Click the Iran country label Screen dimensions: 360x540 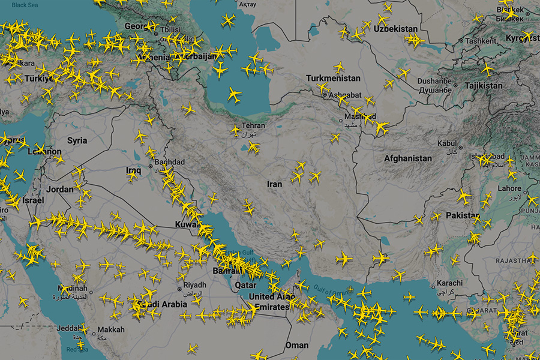[274, 184]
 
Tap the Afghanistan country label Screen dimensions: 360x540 [408, 158]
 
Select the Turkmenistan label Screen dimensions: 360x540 [333, 79]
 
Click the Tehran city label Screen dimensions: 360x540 [253, 127]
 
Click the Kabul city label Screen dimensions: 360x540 [447, 143]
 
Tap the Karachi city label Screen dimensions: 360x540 [450, 283]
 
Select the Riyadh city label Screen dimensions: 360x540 [194, 284]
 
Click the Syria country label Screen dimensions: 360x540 [77, 141]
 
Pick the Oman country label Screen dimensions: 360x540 [296, 345]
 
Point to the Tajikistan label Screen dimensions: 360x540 [484, 86]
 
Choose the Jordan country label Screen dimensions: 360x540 [60, 189]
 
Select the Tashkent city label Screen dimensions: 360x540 [481, 41]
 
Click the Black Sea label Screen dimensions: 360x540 [24, 5]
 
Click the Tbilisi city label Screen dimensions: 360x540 [170, 29]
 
